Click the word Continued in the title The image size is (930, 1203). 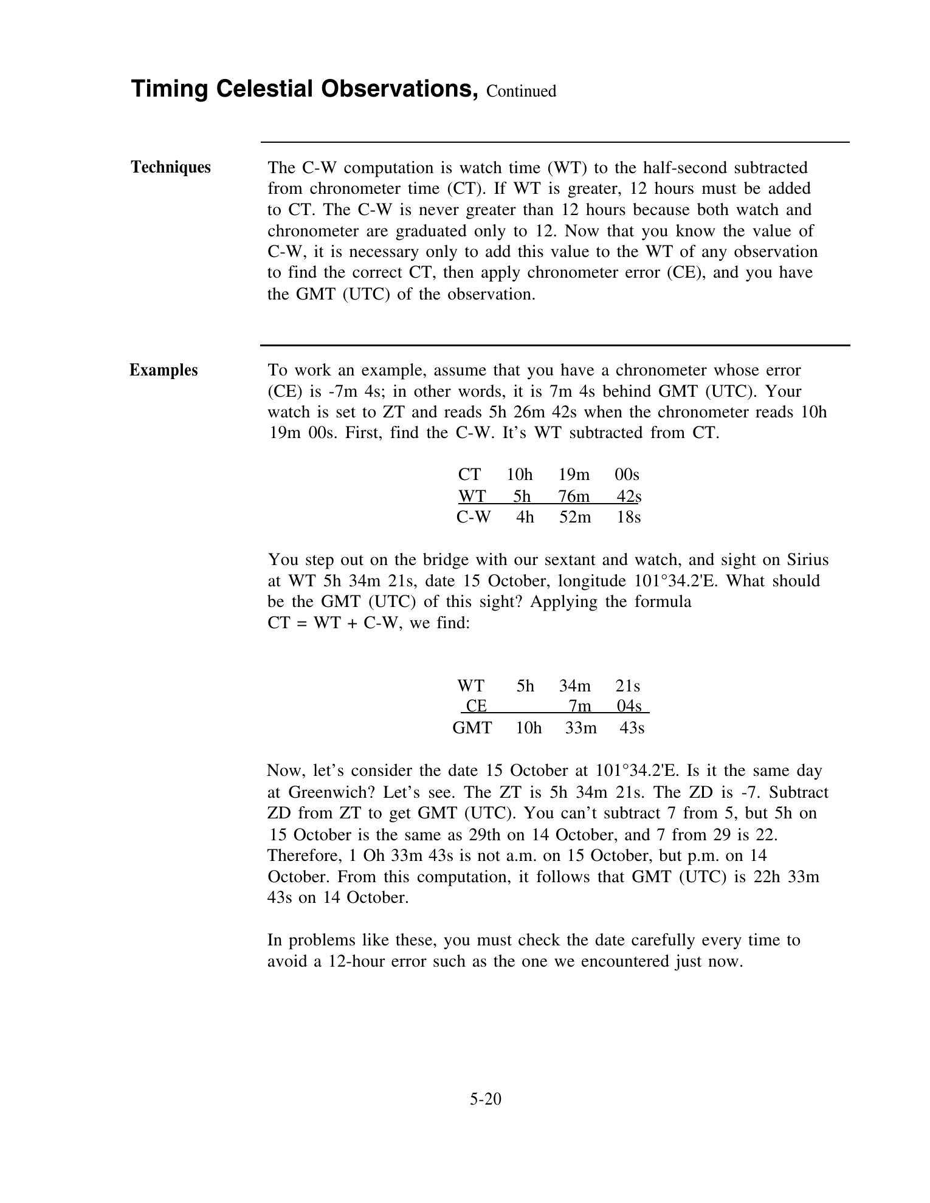click(x=521, y=91)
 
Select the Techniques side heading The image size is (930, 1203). click(x=171, y=167)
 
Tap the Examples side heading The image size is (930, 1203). click(x=164, y=370)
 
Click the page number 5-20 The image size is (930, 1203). click(x=485, y=1098)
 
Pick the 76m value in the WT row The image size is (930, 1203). click(x=574, y=496)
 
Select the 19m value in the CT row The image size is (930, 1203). click(x=574, y=474)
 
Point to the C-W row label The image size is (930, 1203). click(x=473, y=517)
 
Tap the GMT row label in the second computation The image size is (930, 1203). click(x=472, y=727)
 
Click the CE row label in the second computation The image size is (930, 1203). click(x=476, y=706)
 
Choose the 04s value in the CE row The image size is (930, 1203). click(x=629, y=706)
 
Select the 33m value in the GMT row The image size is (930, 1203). click(x=580, y=727)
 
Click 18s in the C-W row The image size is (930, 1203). click(x=629, y=517)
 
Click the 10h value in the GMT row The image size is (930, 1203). click(x=528, y=727)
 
